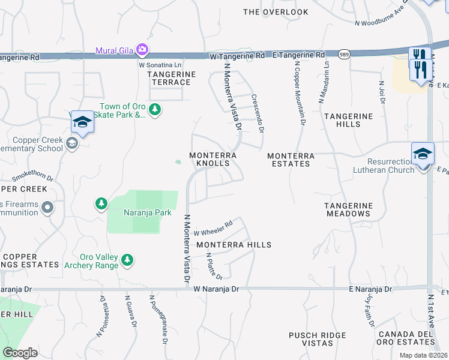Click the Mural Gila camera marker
(142, 49)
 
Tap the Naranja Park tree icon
(101, 205)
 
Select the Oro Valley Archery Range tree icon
(127, 260)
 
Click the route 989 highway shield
(344, 54)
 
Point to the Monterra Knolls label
(213, 159)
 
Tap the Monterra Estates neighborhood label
(291, 159)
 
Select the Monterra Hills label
(234, 245)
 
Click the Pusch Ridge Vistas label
(318, 339)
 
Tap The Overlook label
(276, 12)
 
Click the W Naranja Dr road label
(216, 289)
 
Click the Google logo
(20, 353)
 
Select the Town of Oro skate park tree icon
(155, 109)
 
